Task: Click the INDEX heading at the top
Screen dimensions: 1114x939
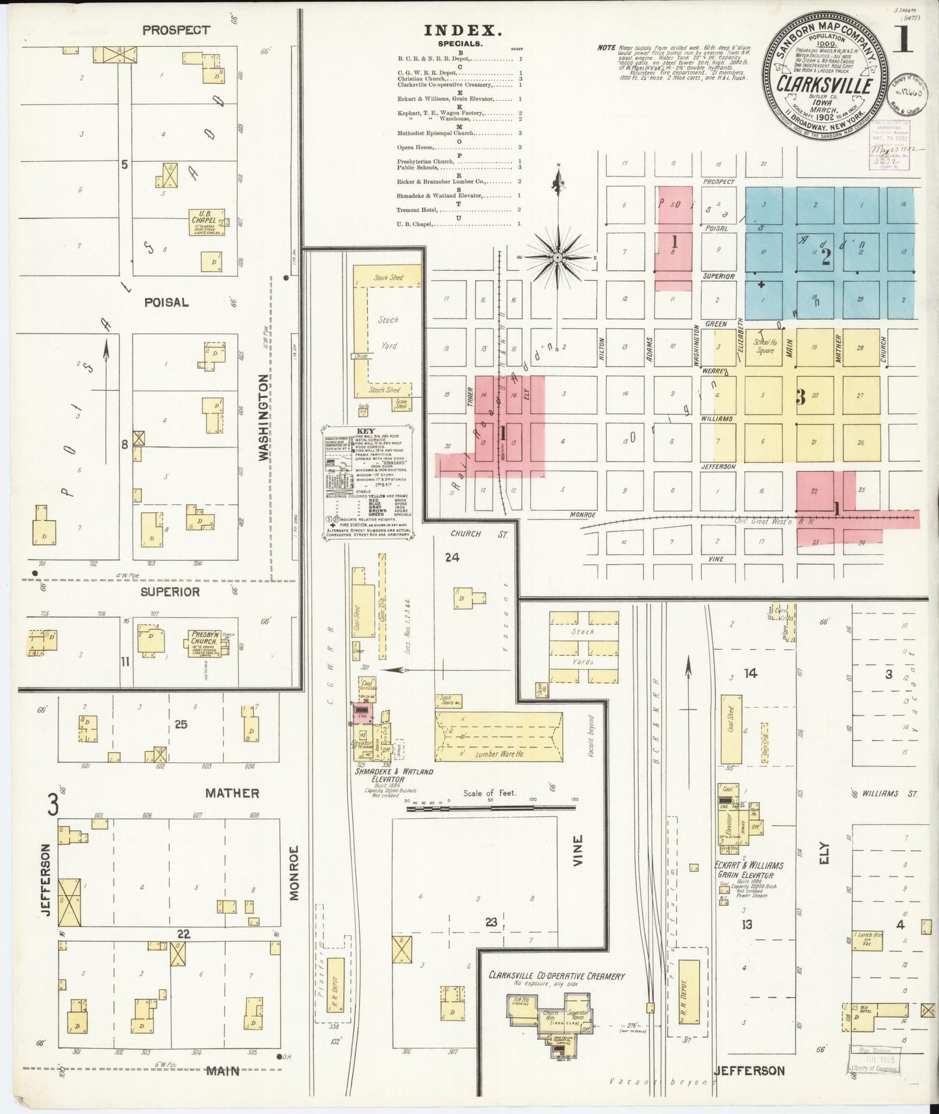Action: [x=463, y=30]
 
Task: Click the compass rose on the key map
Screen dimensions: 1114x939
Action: [x=558, y=258]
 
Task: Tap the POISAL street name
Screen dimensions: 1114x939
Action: [x=166, y=302]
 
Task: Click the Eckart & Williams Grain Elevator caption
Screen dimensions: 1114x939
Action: [x=749, y=870]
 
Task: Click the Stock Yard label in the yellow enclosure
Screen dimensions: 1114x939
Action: [x=388, y=333]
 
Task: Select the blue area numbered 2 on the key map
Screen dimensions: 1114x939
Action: [x=827, y=257]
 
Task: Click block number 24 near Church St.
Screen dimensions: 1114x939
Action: [x=452, y=557]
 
